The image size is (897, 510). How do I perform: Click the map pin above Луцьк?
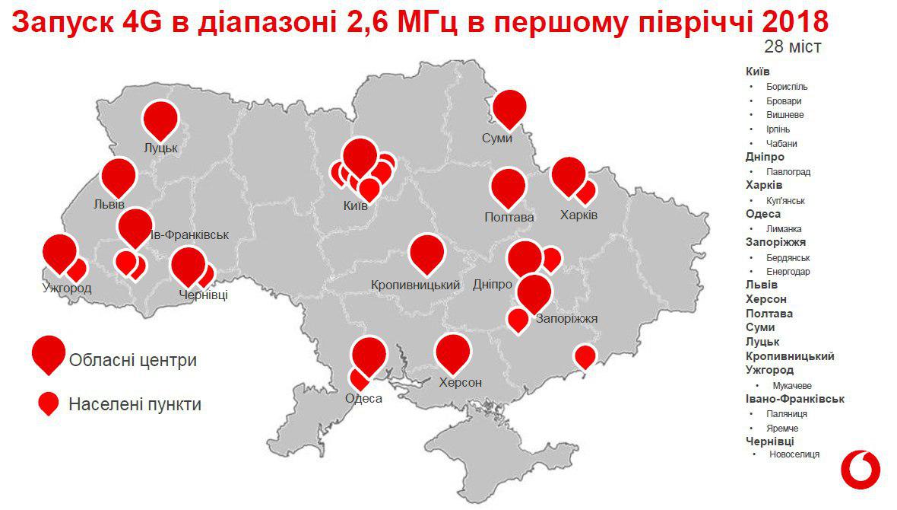tap(160, 119)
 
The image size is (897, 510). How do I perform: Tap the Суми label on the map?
tap(497, 139)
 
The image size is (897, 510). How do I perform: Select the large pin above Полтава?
tap(509, 186)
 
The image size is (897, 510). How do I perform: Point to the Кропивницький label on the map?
tap(417, 285)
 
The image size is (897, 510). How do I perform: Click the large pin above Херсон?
tap(454, 352)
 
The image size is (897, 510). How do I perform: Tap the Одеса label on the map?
tap(363, 398)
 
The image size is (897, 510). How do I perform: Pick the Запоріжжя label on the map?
tap(566, 319)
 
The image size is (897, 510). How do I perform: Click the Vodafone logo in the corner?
tap(860, 468)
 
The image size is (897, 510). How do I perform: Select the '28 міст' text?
tap(792, 47)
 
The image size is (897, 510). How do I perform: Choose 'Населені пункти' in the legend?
tap(135, 404)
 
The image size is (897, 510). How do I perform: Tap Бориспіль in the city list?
tap(787, 87)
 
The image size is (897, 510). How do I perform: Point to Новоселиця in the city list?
tap(794, 454)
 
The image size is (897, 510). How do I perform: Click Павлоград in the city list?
tap(788, 172)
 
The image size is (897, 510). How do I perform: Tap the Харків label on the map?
tap(578, 215)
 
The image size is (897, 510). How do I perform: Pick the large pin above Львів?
tap(119, 176)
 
